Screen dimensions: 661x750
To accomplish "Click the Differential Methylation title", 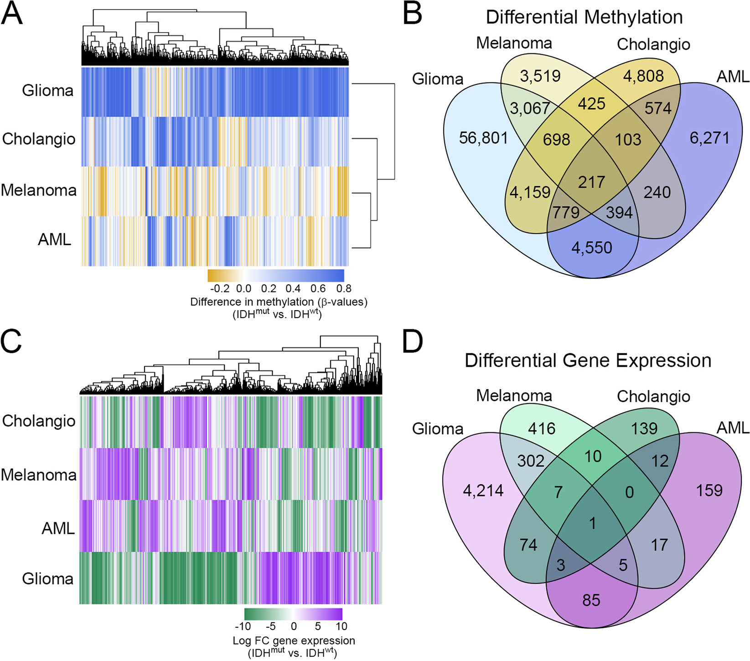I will pyautogui.click(x=584, y=17).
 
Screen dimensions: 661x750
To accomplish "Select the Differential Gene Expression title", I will pyautogui.click(x=588, y=360).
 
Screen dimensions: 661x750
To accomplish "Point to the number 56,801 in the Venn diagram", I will pyautogui.click(x=483, y=138).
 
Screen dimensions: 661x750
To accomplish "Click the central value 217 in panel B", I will pyautogui.click(x=591, y=182).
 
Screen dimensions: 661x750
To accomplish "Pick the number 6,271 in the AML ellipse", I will pyautogui.click(x=709, y=138).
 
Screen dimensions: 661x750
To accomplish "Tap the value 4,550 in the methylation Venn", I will pyautogui.click(x=591, y=248).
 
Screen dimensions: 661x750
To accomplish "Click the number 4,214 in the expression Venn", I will pyautogui.click(x=483, y=490).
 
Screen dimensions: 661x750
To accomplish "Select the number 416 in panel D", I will pyautogui.click(x=542, y=428).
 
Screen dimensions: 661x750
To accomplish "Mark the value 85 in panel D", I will pyautogui.click(x=591, y=600).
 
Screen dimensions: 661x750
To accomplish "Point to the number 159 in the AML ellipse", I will pyautogui.click(x=709, y=490).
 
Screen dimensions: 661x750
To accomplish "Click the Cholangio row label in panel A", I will pyautogui.click(x=39, y=139).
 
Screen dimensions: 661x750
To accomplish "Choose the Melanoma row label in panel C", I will pyautogui.click(x=39, y=475).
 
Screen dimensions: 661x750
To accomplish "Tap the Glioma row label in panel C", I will pyautogui.click(x=47, y=579).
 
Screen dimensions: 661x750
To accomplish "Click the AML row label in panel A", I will pyautogui.click(x=55, y=240).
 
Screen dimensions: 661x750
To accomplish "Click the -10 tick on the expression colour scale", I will pyautogui.click(x=242, y=626).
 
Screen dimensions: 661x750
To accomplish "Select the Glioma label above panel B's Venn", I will pyautogui.click(x=437, y=79).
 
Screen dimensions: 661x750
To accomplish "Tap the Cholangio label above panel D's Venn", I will pyautogui.click(x=653, y=396).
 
